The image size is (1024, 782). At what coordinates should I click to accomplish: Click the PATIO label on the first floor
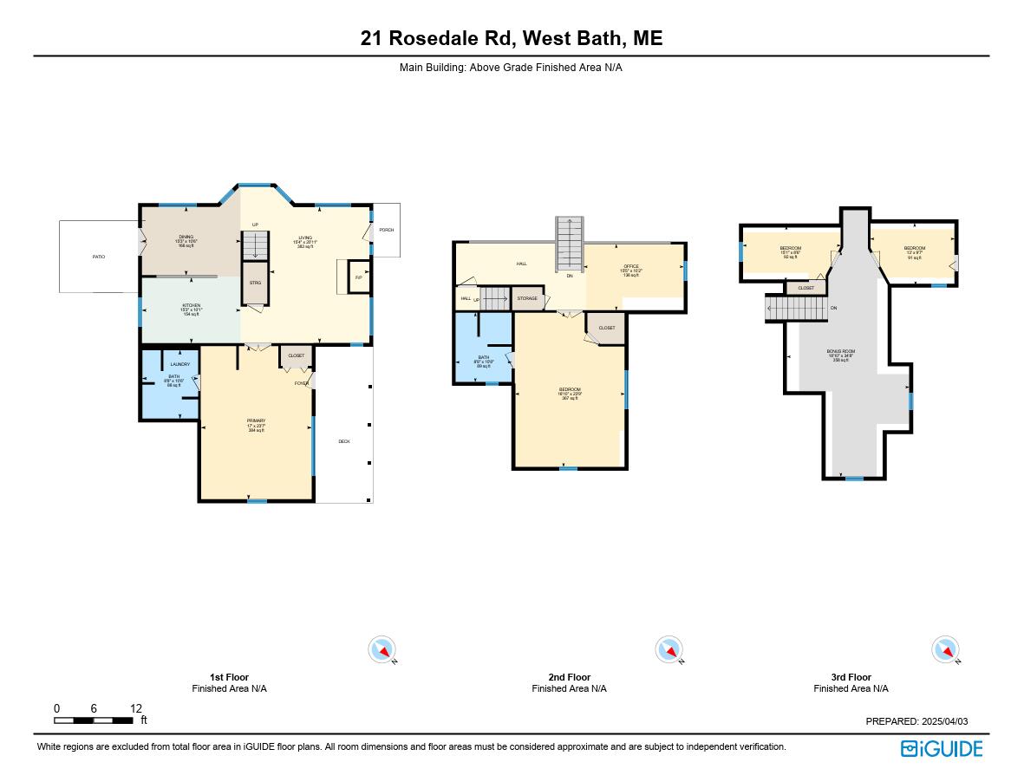(x=99, y=257)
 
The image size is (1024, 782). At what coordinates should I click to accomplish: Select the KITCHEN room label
(x=191, y=305)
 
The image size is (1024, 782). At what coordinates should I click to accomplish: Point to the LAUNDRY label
(x=179, y=364)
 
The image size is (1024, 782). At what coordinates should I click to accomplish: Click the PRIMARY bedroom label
(x=256, y=420)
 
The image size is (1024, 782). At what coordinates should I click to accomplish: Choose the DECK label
(x=344, y=441)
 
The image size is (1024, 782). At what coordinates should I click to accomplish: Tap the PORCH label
(x=386, y=230)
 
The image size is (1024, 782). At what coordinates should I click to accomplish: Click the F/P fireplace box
(x=358, y=277)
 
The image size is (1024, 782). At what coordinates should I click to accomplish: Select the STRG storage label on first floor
(x=255, y=283)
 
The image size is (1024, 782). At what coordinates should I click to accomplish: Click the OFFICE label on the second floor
(x=631, y=266)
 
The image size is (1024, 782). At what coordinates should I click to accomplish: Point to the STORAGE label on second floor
(x=527, y=298)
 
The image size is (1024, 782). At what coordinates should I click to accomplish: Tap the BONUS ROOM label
(x=840, y=351)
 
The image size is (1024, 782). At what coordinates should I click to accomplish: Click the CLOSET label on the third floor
(x=806, y=288)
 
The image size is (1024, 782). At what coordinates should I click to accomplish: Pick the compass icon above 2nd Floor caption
(x=668, y=649)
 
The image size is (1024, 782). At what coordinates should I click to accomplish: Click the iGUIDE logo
(x=941, y=748)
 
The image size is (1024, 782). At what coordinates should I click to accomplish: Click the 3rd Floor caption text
(x=851, y=677)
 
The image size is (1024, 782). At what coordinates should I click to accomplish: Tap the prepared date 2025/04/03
(x=942, y=721)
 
